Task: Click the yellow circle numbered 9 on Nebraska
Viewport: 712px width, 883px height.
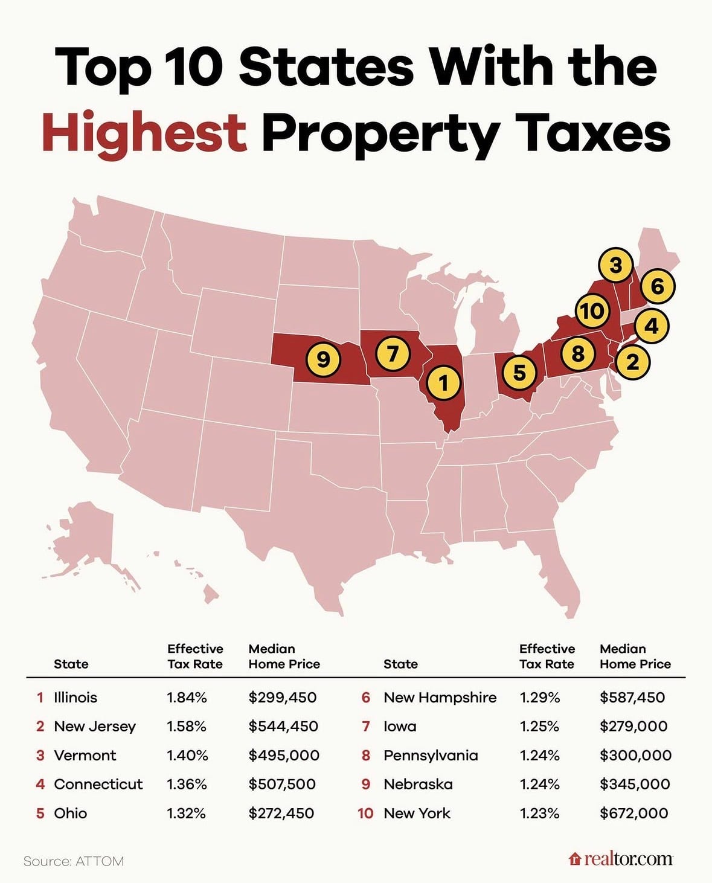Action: click(x=324, y=359)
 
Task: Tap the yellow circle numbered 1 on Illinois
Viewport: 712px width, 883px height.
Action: click(x=444, y=382)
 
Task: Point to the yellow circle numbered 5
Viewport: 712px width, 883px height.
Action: click(x=519, y=373)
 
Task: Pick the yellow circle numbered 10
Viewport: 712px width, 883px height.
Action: click(x=592, y=310)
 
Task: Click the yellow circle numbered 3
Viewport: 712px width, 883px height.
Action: click(x=615, y=265)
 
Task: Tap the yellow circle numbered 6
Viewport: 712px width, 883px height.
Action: click(x=658, y=286)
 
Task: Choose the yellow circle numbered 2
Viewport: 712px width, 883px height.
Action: click(x=632, y=362)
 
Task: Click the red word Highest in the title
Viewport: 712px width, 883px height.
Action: click(x=144, y=132)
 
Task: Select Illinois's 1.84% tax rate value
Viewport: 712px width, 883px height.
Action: click(x=187, y=698)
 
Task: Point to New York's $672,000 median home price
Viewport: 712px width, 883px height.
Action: click(x=633, y=813)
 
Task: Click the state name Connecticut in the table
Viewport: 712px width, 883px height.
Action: click(x=98, y=784)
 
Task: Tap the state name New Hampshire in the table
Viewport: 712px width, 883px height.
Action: click(x=440, y=698)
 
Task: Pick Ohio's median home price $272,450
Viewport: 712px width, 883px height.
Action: click(x=281, y=813)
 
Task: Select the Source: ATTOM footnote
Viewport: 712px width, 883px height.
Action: click(x=74, y=861)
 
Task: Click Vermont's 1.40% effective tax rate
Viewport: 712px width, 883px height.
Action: click(x=187, y=756)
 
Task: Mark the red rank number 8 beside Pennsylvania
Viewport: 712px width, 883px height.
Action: click(x=365, y=756)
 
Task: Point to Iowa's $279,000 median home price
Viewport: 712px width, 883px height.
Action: click(x=633, y=726)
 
